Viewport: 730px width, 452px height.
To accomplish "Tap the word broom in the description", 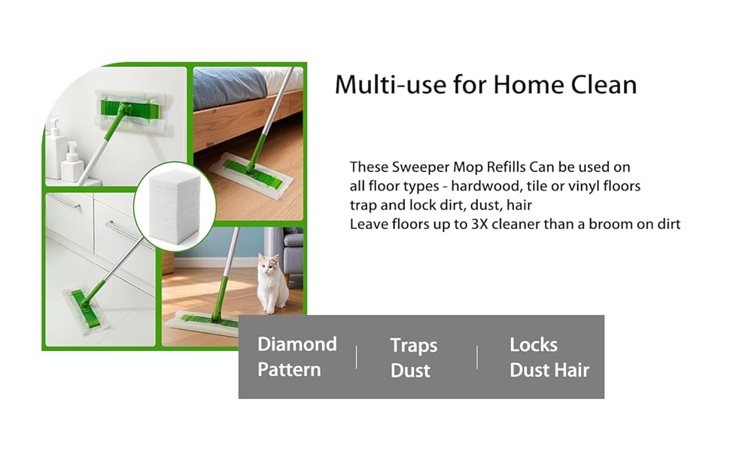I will [x=607, y=224].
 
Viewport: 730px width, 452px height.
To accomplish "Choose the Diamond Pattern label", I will [x=297, y=357].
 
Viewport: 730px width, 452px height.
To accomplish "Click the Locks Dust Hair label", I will [x=549, y=357].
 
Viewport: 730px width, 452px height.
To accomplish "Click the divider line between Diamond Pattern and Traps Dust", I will [x=356, y=357].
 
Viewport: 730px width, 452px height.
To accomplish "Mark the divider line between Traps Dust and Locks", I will [x=477, y=357].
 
